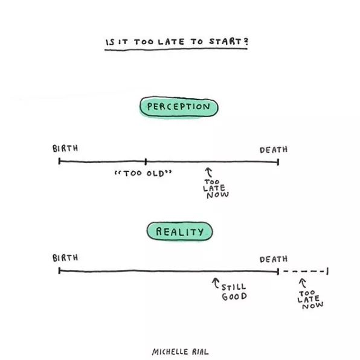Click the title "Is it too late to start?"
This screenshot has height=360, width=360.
(177, 42)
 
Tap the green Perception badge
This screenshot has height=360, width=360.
(179, 107)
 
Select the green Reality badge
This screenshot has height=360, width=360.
(180, 231)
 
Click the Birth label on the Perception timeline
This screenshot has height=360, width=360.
(65, 149)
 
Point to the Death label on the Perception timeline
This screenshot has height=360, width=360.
(274, 150)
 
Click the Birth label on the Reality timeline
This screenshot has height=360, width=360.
(65, 257)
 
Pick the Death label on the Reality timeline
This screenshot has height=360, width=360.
(274, 259)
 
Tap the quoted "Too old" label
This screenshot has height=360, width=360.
(143, 173)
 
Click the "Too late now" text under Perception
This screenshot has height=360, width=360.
(216, 188)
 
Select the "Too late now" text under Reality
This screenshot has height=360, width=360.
(310, 300)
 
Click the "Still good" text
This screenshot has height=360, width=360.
(234, 292)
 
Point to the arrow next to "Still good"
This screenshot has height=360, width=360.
(216, 283)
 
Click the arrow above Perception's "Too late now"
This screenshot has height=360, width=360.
(208, 172)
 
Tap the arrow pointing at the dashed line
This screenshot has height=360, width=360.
(303, 283)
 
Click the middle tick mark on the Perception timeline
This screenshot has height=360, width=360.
(146, 162)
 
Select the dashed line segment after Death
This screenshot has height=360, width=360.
(303, 271)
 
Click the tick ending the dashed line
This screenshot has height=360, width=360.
(327, 271)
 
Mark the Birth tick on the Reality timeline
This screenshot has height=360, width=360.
(59, 271)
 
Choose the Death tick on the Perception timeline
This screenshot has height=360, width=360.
(278, 162)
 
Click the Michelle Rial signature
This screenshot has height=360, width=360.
(180, 352)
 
